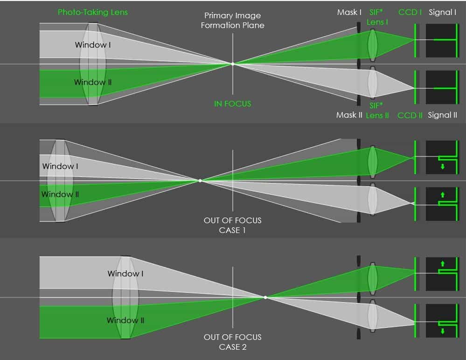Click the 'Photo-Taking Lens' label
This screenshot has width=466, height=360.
[x=93, y=12]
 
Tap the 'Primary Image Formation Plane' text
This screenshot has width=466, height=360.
[x=232, y=20]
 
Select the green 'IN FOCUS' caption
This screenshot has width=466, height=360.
[x=232, y=104]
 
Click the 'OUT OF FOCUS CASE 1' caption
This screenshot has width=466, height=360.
[x=232, y=225]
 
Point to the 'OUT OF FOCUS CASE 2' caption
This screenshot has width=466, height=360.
[x=232, y=342]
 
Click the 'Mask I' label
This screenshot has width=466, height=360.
[x=349, y=12]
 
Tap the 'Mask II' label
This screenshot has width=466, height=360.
[x=349, y=115]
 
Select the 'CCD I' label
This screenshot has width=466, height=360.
[x=410, y=12]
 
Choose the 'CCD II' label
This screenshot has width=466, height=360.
[x=410, y=115]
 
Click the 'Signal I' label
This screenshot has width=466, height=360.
[x=442, y=12]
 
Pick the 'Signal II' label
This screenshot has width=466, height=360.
[x=442, y=115]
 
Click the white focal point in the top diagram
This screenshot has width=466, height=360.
[x=233, y=64]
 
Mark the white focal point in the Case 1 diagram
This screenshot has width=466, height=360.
[x=200, y=181]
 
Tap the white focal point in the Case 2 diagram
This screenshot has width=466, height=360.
[x=265, y=297]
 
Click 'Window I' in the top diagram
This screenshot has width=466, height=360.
[x=93, y=45]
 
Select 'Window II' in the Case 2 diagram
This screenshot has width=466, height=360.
[x=125, y=320]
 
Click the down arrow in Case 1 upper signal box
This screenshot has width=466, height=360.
[x=443, y=167]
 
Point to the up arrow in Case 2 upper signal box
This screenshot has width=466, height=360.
[x=443, y=264]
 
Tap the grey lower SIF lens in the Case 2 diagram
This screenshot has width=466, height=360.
[x=373, y=316]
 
